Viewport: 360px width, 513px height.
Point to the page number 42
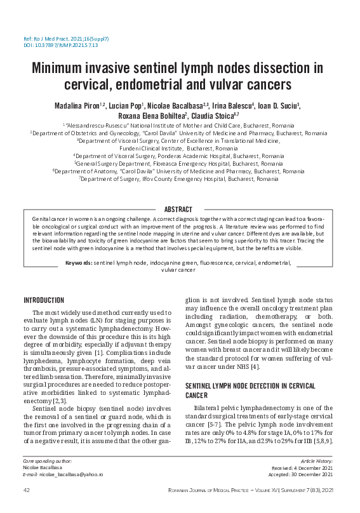(27, 490)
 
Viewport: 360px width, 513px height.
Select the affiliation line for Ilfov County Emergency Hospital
(179, 179)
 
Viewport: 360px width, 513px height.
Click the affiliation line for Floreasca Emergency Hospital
(179, 163)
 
